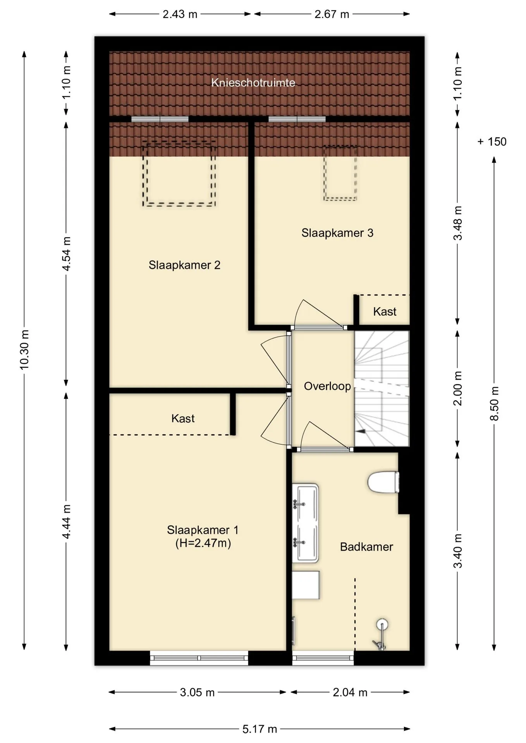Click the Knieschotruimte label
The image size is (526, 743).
[253, 82]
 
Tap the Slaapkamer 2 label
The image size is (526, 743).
[184, 265]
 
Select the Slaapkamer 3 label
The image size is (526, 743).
[337, 233]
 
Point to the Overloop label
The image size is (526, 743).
[327, 386]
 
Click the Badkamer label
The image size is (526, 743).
[366, 547]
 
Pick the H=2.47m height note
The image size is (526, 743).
[203, 543]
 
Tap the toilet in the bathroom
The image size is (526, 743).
[383, 482]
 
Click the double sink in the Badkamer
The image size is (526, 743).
[305, 522]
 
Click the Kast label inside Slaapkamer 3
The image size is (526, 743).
[385, 312]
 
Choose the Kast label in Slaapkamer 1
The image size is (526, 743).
[183, 418]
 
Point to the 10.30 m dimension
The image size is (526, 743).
[24, 349]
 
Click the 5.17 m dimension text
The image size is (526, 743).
[260, 729]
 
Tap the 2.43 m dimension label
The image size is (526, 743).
[180, 14]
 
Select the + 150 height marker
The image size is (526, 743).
[492, 142]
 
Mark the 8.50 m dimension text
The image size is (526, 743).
[495, 404]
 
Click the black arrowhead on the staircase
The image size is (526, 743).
[361, 431]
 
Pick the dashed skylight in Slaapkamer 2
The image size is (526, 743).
[179, 173]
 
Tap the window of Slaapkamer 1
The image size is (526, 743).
[199, 657]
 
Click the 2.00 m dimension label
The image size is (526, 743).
[458, 388]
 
